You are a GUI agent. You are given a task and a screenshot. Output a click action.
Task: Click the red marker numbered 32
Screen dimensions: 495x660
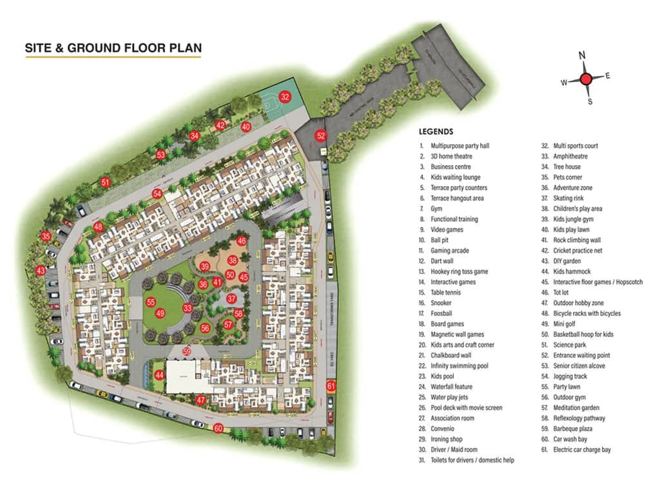point(285,97)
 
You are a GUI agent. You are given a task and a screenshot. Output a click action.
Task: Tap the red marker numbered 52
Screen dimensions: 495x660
point(320,135)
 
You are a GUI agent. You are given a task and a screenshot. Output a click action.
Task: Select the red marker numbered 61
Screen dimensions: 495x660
point(331,386)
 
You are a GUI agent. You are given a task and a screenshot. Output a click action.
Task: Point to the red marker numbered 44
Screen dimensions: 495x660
point(159,374)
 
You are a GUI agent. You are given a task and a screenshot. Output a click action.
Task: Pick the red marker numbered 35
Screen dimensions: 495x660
point(46,237)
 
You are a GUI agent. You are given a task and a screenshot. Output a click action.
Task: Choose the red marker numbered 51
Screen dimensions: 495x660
point(106,182)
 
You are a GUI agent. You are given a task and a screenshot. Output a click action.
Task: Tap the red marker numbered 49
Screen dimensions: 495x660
point(160,313)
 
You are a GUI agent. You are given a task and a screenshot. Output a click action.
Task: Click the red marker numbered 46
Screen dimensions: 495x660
point(242,241)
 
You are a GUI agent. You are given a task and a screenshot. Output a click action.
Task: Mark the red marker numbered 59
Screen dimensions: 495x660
point(187,351)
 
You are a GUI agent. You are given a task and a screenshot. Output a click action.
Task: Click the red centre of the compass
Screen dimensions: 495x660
point(585,79)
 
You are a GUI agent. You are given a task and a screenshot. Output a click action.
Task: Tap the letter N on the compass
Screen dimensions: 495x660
point(582,56)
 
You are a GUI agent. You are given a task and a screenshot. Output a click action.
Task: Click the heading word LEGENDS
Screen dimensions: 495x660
point(436,131)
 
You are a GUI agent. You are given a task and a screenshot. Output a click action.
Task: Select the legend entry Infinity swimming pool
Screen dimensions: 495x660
point(459,366)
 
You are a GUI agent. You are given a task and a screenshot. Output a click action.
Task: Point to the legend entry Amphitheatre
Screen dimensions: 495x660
point(570,157)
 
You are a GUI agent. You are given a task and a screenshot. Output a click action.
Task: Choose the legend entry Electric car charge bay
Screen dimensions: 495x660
point(581,450)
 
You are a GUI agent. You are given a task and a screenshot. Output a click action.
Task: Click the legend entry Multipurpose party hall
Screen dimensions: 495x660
point(460,146)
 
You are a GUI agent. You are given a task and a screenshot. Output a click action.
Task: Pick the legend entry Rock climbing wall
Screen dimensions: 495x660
point(577,240)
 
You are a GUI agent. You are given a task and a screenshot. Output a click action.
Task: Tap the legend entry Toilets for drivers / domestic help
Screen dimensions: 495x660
point(472,460)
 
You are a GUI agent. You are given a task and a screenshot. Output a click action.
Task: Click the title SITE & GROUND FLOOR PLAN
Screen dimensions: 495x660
point(113,48)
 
